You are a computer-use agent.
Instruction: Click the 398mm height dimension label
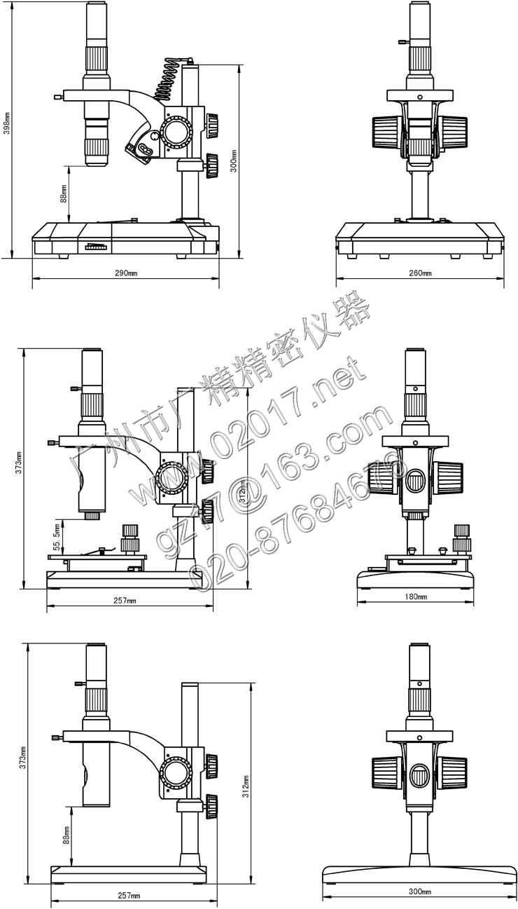point(7,123)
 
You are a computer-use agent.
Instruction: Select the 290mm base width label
point(126,272)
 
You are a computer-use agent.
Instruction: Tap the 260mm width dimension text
point(420,273)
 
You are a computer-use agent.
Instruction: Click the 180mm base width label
point(416,596)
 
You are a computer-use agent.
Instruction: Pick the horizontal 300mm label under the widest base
point(419,891)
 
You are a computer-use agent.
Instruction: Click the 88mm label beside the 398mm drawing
point(64,193)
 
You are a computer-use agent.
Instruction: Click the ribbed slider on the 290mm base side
point(97,247)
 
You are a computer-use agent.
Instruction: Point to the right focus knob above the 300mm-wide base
point(454,772)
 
